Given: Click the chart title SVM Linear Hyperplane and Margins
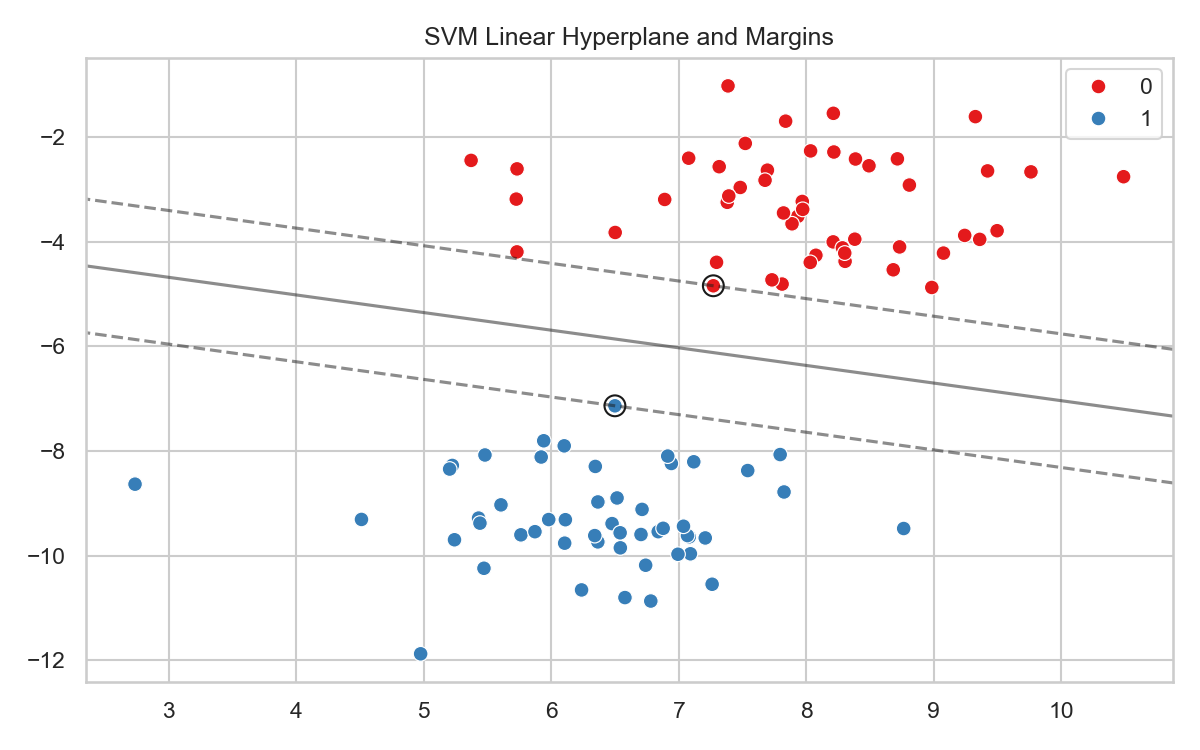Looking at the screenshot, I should point(629,37).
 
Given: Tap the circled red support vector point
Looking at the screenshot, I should point(713,286).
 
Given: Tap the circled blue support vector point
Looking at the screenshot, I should point(615,405).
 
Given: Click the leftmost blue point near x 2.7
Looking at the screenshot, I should point(135,484).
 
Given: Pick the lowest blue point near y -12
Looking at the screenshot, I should point(420,654).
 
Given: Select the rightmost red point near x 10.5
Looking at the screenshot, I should point(1123,177).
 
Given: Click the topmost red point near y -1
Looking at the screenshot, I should point(728,86).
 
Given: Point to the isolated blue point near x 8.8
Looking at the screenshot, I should point(903,528).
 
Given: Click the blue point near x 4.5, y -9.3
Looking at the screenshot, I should point(361,519).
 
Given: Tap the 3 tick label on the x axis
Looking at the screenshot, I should point(169,710).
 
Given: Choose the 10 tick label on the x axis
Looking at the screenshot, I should point(1061,710).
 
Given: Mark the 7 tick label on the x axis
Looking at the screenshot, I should point(679,710).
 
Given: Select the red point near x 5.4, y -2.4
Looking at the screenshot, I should point(471,160).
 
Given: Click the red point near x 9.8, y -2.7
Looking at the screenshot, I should point(1030,172).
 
